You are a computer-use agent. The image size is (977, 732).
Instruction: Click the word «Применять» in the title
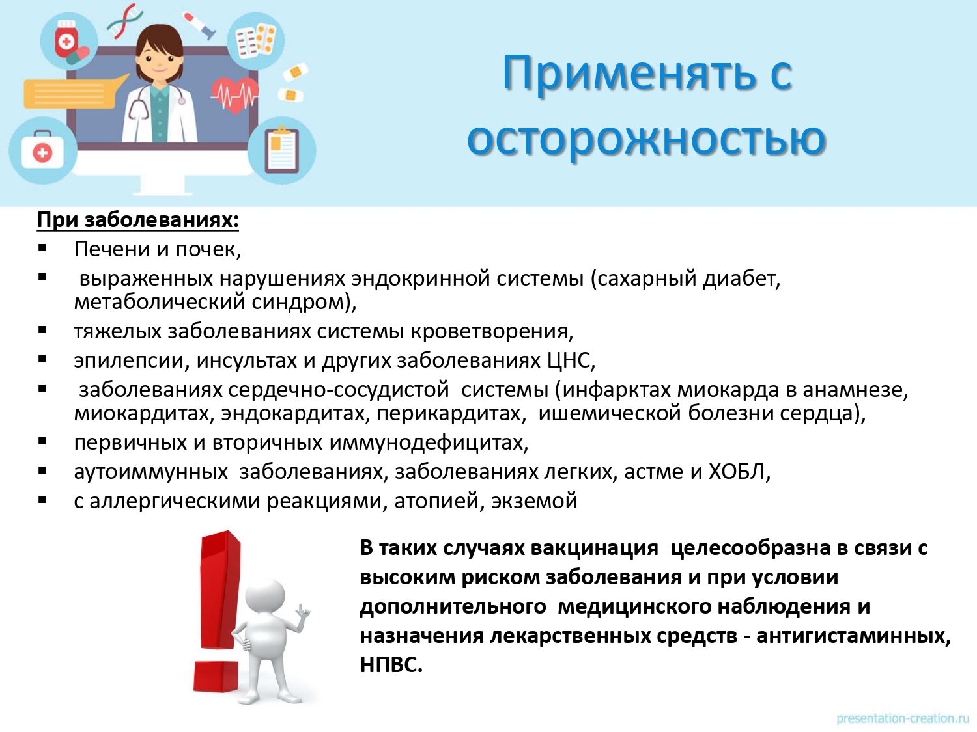(x=629, y=74)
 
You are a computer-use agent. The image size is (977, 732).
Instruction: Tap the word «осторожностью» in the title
(x=646, y=139)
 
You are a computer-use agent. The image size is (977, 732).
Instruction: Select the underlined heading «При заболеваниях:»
(x=138, y=221)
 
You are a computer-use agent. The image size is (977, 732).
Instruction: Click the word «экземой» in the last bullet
(x=534, y=502)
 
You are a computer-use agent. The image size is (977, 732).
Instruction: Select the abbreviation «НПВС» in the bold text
(x=389, y=666)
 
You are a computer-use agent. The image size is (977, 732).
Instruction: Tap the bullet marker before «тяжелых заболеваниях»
(x=42, y=331)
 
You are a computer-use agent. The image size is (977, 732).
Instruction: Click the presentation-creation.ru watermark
(x=903, y=719)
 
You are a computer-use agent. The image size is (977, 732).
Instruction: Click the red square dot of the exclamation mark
(x=216, y=675)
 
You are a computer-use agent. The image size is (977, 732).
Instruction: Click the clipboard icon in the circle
(x=282, y=150)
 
